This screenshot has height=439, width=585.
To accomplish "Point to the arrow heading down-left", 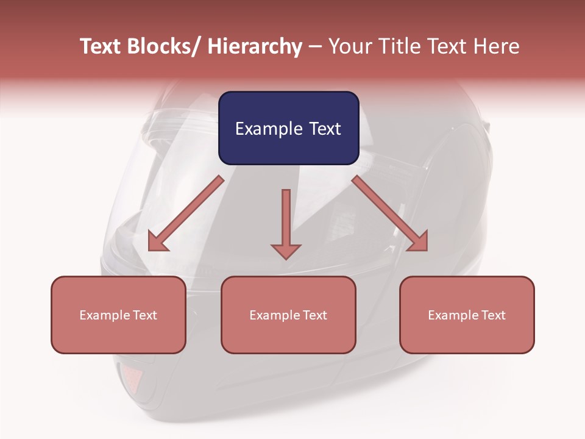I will (186, 213).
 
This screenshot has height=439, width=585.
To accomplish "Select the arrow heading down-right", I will (390, 213).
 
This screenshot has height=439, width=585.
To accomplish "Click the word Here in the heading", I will (495, 46).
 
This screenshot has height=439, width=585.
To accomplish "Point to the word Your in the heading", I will (349, 46).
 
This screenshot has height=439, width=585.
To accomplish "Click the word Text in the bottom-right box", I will (493, 315).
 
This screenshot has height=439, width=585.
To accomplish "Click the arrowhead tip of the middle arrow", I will (286, 258).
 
